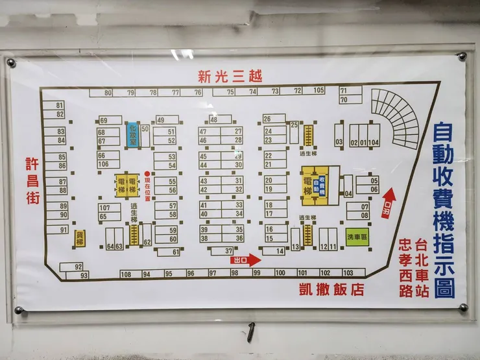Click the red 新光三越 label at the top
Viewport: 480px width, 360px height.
click(230, 76)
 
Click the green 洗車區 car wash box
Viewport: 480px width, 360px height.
click(357, 237)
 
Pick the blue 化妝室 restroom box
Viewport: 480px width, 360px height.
click(132, 135)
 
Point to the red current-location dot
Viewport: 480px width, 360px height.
click(147, 173)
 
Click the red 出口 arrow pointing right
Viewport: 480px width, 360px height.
click(246, 260)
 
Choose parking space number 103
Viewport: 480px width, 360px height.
click(348, 272)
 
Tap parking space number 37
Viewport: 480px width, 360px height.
click(222, 251)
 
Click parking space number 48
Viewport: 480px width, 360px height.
click(221, 119)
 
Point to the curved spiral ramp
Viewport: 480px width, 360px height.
click(396, 117)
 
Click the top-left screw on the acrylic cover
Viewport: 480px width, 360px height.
click(11, 62)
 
